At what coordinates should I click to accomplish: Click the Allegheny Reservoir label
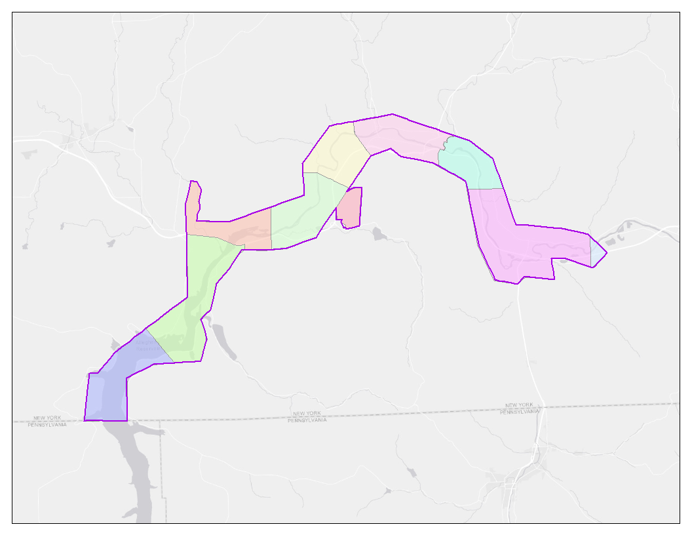coord(145,345)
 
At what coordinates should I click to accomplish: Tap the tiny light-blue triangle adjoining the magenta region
coord(597,253)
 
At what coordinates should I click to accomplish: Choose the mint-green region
coord(468,164)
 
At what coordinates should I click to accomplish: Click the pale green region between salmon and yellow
coord(305,216)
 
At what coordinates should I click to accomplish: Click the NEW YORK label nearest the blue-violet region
coord(47,418)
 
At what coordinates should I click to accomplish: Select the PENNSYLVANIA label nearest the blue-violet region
coord(47,424)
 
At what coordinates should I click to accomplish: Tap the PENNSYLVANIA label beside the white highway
coord(522,412)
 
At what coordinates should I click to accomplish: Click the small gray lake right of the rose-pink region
coord(378,233)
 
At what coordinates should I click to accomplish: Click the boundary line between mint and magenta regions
coord(485,189)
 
